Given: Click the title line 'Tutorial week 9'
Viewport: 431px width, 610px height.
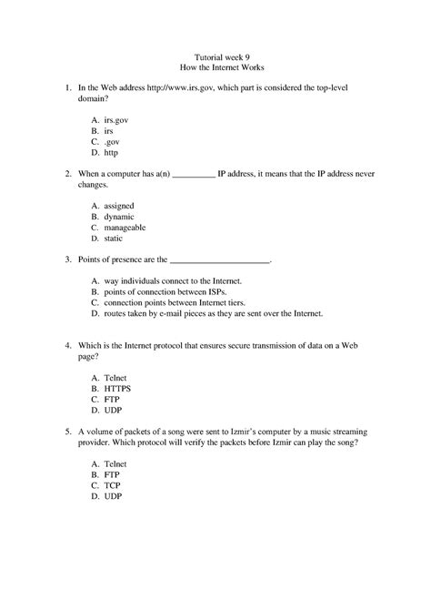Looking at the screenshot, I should point(215,55).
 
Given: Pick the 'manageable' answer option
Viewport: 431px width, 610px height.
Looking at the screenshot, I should point(125,228).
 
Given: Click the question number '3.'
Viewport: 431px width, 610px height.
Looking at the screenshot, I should point(67,259).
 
